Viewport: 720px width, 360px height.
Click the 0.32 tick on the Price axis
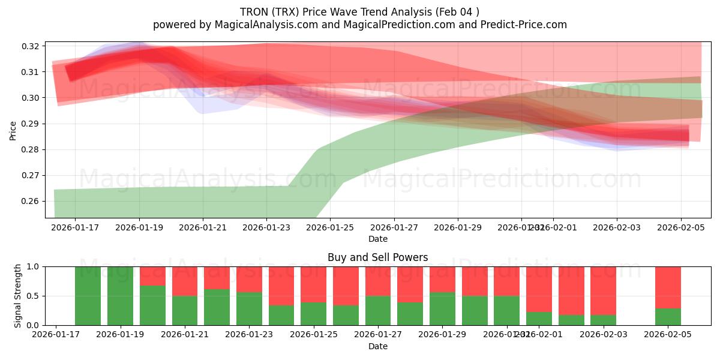coord(31,46)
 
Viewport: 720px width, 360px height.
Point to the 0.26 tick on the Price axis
coord(31,202)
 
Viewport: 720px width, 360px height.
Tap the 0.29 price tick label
coord(31,124)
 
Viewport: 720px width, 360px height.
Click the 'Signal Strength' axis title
coord(18,296)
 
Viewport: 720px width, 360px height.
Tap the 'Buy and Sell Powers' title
coord(377,257)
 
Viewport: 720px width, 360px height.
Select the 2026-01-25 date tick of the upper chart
coord(330,228)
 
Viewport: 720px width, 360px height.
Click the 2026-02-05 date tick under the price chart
coord(680,228)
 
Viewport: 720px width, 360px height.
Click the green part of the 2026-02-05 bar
coord(668,317)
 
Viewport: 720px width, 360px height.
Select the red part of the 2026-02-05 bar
coord(668,287)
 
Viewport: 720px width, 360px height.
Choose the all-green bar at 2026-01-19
coord(120,296)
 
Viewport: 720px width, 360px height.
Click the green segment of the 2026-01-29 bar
coord(442,309)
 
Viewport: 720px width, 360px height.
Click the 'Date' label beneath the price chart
coord(377,239)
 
